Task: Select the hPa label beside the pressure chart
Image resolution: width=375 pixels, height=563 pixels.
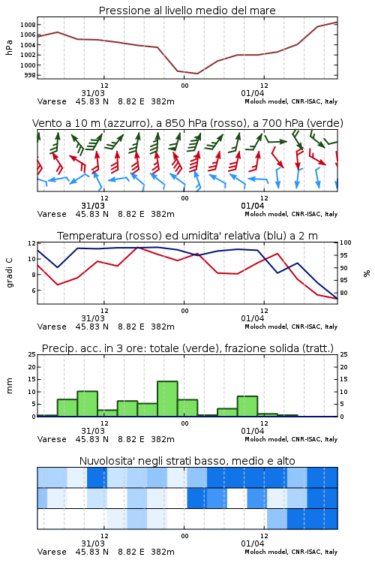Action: click(9, 47)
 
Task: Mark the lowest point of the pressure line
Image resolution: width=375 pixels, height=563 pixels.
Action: click(197, 74)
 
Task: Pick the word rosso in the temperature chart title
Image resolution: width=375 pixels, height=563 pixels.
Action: click(140, 236)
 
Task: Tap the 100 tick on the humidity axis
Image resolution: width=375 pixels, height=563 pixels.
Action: click(345, 242)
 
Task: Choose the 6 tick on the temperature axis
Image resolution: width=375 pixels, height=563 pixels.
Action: click(34, 291)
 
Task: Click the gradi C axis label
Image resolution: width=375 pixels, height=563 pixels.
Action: click(9, 272)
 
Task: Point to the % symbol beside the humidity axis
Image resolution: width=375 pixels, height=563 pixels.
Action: click(367, 273)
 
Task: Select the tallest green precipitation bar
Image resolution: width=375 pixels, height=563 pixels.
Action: click(167, 399)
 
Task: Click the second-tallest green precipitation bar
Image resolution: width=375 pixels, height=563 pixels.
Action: click(88, 404)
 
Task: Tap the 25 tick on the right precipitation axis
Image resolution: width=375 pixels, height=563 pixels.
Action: click(343, 354)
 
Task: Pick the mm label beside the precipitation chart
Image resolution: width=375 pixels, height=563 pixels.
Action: click(9, 386)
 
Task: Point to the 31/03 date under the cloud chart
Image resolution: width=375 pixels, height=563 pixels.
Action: click(93, 543)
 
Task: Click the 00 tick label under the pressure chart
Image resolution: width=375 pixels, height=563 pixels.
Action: click(184, 86)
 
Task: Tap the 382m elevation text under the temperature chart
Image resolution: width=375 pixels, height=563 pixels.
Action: click(163, 327)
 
